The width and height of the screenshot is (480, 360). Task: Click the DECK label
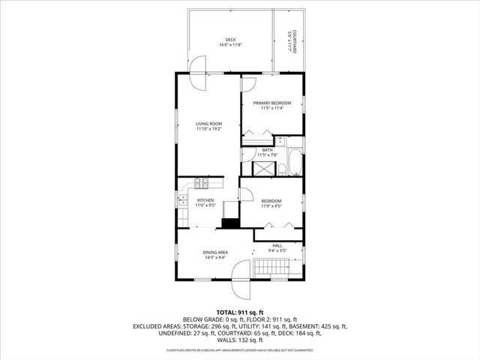coord(230,40)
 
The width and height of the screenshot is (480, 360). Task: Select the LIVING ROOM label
coord(208,124)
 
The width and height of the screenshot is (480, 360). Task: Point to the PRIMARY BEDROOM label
coord(271,103)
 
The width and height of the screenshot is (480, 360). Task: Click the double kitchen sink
coord(182,200)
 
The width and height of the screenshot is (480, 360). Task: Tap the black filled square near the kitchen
coord(231,222)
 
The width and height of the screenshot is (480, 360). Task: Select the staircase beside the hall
coord(271,267)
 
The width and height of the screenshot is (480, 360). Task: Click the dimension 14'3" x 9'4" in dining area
coord(215,258)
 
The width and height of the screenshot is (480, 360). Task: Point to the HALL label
coord(277,245)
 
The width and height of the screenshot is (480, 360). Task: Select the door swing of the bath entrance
coord(247,154)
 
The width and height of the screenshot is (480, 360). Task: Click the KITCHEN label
coord(205,200)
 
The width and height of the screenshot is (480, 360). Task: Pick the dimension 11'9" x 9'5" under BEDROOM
coord(271,206)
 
